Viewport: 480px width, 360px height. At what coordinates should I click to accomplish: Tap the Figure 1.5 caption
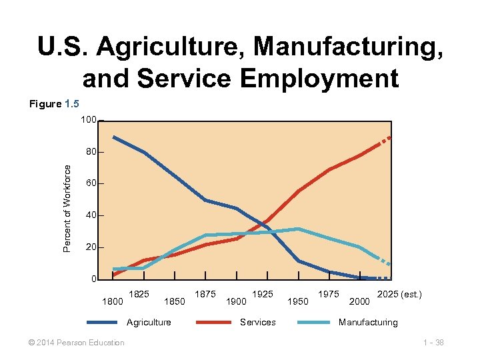click(x=53, y=104)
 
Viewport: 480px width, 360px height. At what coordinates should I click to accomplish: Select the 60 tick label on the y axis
click(x=91, y=183)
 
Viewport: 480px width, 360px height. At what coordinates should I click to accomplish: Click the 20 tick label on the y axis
click(x=91, y=247)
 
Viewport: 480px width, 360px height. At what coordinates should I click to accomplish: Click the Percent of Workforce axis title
click(x=67, y=209)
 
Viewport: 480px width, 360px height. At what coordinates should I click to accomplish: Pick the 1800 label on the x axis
click(x=111, y=301)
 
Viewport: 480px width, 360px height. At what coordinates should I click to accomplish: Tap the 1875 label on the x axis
click(x=205, y=294)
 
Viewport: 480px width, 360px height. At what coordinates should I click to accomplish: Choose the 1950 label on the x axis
click(x=297, y=301)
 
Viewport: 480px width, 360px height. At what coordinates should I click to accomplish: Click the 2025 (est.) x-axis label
click(x=399, y=294)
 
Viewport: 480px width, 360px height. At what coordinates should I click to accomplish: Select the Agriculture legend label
click(x=149, y=322)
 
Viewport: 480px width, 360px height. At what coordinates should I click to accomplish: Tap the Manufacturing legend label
click(x=368, y=322)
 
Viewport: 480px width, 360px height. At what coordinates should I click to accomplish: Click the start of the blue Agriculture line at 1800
click(x=114, y=137)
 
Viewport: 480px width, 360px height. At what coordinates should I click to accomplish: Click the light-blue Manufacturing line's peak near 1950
click(x=299, y=229)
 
